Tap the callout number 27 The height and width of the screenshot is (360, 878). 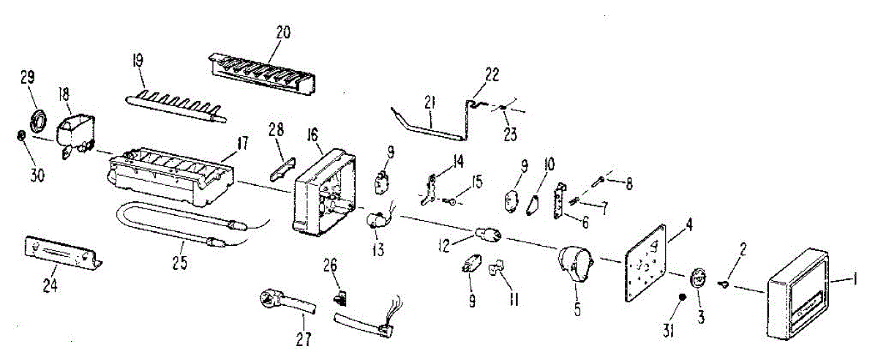[x=303, y=338]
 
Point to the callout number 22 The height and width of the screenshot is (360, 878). [x=491, y=72]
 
